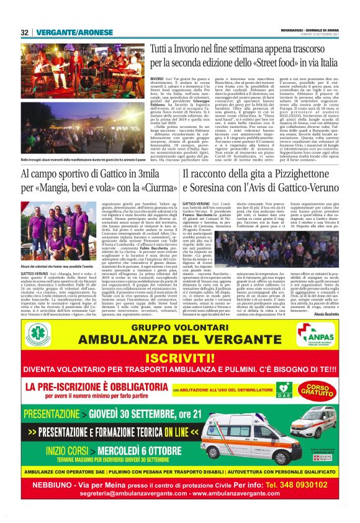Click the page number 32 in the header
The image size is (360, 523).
click(x=24, y=32)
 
